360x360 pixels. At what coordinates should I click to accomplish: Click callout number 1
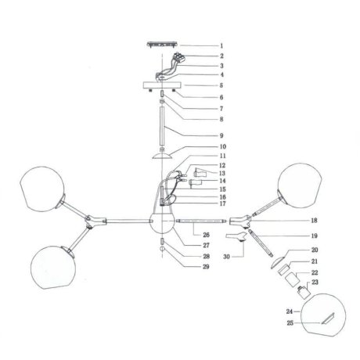tap(221, 46)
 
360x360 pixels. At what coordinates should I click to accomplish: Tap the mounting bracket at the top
tap(162, 45)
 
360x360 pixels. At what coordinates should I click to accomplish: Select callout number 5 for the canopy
tap(221, 85)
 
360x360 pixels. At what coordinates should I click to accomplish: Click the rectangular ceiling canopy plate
tap(162, 85)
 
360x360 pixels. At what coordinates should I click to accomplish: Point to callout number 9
tap(221, 135)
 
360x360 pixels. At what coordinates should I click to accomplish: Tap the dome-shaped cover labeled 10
tap(162, 156)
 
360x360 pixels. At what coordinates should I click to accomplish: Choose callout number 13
tap(222, 173)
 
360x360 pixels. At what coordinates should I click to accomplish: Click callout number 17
tap(222, 203)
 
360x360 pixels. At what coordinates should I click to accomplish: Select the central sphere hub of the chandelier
tap(162, 221)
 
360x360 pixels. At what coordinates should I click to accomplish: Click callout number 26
tap(206, 235)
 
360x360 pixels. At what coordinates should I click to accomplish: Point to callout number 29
tap(206, 267)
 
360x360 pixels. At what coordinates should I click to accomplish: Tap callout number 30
tap(226, 257)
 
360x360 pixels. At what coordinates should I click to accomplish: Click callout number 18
tap(315, 221)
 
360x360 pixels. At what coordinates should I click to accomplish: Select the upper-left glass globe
tap(42, 189)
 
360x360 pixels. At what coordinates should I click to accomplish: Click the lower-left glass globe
tap(53, 267)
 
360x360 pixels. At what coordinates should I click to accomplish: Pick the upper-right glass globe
tap(300, 185)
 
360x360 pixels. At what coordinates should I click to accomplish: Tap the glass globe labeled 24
tap(323, 315)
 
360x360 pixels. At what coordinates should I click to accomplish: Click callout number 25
tap(290, 323)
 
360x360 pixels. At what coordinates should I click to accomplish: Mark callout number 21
tap(315, 261)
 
